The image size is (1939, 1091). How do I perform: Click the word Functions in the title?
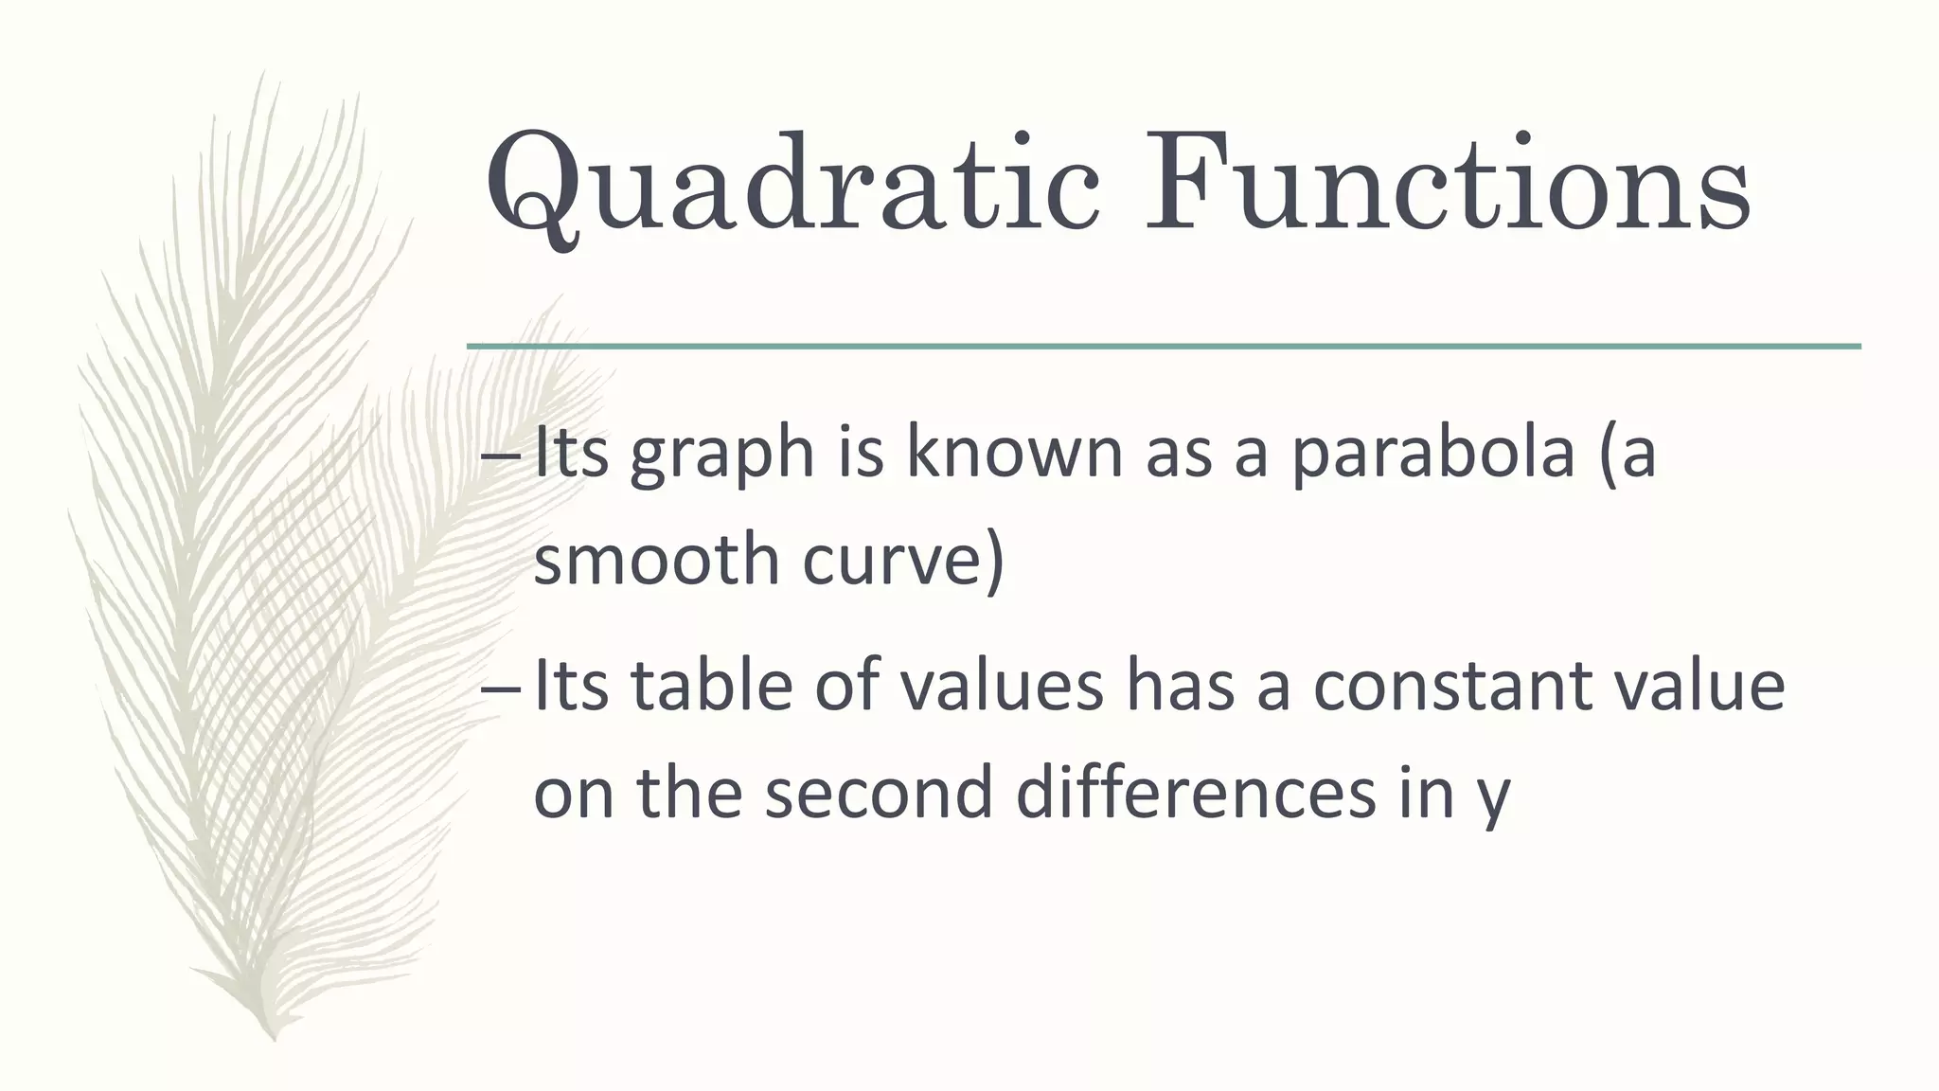pos(1446,185)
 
